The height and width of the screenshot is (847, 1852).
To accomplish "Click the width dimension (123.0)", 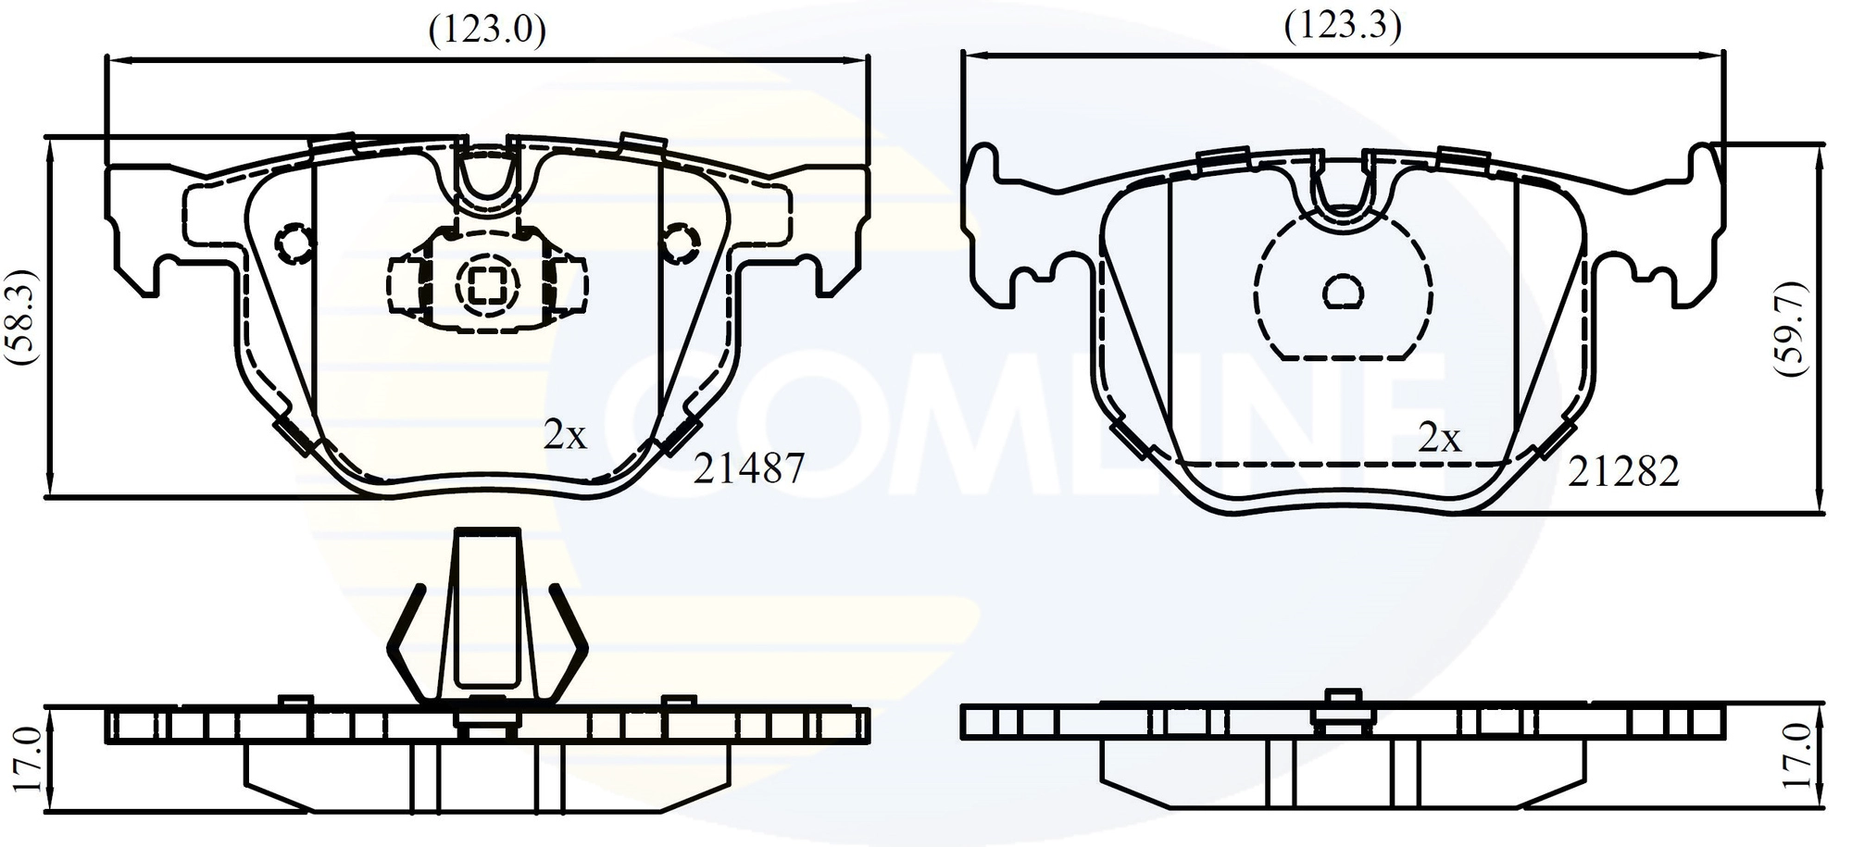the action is click(486, 31).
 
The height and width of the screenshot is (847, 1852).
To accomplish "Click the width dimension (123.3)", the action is click(1342, 26).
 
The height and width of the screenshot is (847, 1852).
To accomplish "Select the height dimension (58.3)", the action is click(21, 318).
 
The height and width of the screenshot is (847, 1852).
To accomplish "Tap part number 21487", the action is click(750, 468).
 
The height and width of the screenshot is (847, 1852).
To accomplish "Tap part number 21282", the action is click(1623, 472).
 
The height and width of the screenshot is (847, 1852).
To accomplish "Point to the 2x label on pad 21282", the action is click(1439, 437).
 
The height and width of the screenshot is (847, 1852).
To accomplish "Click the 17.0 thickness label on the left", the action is click(28, 758).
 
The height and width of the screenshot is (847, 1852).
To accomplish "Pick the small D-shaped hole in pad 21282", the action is click(1343, 291).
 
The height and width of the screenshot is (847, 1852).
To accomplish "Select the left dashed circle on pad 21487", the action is click(294, 243).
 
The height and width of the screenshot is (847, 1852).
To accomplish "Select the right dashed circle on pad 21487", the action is click(682, 243).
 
